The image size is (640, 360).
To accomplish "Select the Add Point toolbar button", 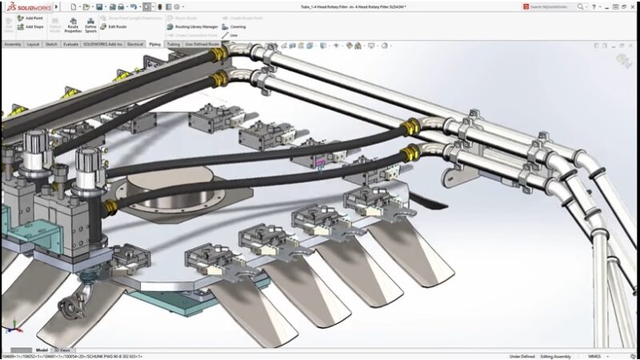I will [x=30, y=18].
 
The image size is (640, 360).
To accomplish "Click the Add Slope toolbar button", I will [x=30, y=26].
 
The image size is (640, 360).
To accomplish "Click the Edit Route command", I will [x=114, y=26].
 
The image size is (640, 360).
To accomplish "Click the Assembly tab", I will [x=13, y=44].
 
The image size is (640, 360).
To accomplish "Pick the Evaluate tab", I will [x=71, y=44].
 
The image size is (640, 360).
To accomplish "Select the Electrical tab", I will [x=135, y=44].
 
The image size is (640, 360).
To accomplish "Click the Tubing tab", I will [x=174, y=44].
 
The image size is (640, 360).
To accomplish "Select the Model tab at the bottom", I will [x=42, y=350].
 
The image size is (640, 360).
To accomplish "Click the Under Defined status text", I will [x=522, y=356].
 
